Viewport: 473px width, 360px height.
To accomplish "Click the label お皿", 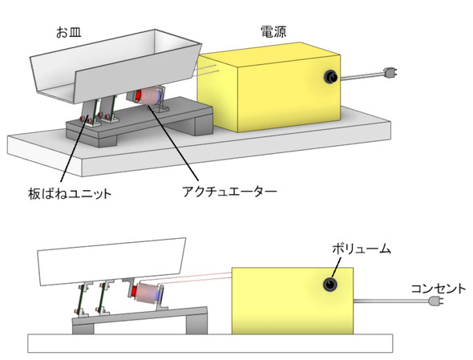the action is point(69,32).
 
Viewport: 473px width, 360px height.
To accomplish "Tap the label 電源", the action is point(273,32).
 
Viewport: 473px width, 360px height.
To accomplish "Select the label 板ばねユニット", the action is point(70,193).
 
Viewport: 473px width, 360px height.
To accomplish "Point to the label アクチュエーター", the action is point(229,192).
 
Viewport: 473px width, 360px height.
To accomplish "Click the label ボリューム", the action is point(362,249).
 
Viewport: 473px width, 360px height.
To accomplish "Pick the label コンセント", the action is point(439,289).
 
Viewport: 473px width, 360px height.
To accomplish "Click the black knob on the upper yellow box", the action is point(330,77).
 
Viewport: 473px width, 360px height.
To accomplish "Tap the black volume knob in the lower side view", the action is point(330,285).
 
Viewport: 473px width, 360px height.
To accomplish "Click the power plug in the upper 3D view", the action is point(390,73).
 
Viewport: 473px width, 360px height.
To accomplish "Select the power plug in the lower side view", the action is point(436,301).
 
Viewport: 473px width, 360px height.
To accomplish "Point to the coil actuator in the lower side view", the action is point(148,293).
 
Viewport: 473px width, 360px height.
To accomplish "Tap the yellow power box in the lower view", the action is point(293,301).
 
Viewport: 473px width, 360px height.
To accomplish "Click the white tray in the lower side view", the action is point(111,261).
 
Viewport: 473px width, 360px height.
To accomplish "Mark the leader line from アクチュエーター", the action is point(173,143).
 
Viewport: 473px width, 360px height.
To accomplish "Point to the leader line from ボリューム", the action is point(337,267).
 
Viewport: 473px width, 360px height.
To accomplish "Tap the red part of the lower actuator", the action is point(135,291).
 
